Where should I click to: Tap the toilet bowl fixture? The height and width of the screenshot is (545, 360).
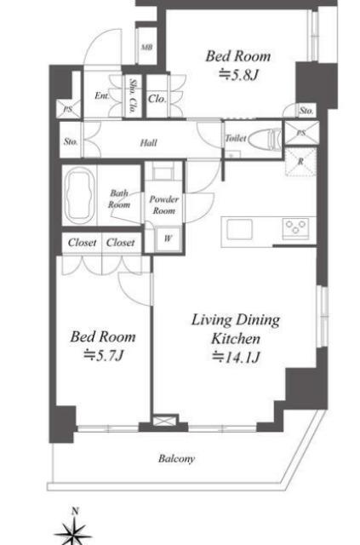pos(266,138)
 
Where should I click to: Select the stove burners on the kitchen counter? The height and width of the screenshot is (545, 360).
pos(295,227)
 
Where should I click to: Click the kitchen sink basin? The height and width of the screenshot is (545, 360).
pos(239,230)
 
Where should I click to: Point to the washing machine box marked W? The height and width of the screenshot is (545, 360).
pos(169,238)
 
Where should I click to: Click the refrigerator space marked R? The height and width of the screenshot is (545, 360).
pos(300,162)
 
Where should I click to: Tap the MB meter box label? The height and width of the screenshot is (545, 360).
pos(146,48)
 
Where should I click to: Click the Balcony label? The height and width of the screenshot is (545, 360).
pos(176,459)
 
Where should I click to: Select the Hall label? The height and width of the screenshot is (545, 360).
pos(149,143)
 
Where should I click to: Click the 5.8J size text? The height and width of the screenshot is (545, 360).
pos(238,75)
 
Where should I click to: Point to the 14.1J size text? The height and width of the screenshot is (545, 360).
pos(237,357)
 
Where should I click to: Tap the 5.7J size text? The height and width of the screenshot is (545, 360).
pos(103,355)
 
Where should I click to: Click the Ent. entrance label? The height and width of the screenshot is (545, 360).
pos(102,95)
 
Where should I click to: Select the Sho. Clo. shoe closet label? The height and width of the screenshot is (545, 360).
pos(133,96)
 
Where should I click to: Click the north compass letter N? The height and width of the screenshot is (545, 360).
pos(75,511)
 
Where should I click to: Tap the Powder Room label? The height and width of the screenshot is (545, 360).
pos(164,204)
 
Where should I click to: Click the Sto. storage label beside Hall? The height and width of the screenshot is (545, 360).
pos(71,142)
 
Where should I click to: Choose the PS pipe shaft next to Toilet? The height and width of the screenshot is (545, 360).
pos(301,133)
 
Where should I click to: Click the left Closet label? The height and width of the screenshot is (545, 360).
pos(82,242)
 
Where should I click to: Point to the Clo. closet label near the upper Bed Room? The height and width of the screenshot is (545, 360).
pos(157,99)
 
